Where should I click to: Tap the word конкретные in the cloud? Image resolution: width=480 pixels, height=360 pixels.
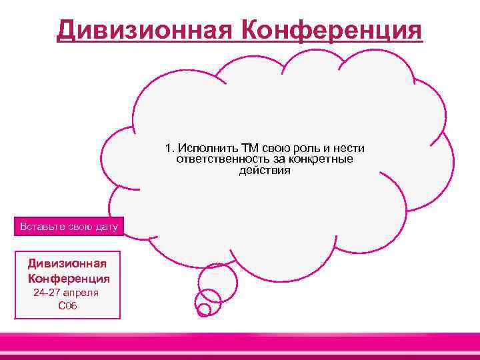pos(321,159)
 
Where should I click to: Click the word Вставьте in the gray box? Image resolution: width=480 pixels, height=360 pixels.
pos(42,227)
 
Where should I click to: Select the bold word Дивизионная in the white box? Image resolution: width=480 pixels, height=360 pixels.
pos(68,263)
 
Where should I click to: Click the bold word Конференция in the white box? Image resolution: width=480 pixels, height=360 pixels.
pos(68,277)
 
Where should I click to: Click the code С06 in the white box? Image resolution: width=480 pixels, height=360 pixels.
pos(68,306)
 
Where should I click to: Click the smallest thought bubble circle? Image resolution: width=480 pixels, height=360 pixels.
pos(204,309)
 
